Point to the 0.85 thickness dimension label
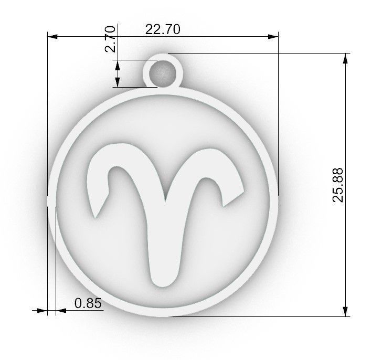pos(87,303)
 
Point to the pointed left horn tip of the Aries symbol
pos(95,215)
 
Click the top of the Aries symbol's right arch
pos(213,149)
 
